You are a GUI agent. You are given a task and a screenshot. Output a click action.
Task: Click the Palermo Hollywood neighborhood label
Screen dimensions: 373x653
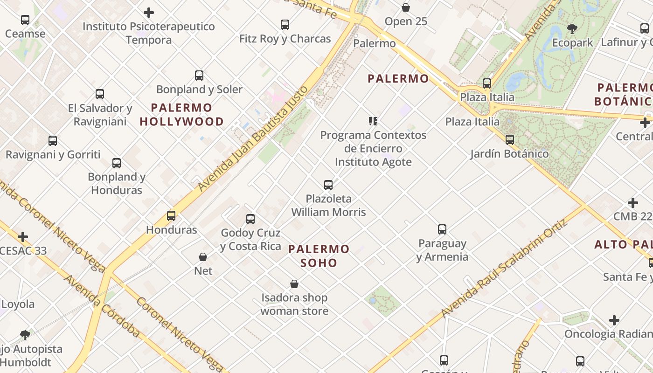point(181,115)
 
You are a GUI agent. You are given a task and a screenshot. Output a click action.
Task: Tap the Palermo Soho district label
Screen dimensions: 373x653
point(319,256)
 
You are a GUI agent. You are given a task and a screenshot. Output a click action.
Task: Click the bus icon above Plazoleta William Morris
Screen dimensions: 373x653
point(328,185)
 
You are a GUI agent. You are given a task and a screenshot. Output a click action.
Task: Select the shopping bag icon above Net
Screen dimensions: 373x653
point(203,257)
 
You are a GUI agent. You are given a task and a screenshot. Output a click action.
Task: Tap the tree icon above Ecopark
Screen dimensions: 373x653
point(572,29)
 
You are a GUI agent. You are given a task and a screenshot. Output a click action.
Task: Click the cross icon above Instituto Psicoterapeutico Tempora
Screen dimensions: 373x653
point(149,13)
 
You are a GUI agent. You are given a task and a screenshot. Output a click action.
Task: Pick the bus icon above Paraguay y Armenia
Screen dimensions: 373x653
point(442,229)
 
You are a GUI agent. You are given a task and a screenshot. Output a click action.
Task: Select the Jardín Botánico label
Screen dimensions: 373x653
point(509,153)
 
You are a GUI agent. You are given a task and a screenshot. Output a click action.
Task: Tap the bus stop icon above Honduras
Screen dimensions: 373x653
point(171,216)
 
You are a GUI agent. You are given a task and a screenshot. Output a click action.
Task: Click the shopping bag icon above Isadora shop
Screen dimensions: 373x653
point(294,284)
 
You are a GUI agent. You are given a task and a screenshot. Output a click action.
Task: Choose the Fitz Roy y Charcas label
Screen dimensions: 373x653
point(285,39)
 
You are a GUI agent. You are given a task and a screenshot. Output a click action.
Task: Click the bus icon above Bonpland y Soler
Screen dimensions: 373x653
point(199,76)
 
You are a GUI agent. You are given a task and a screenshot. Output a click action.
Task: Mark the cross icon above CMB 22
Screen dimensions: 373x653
point(633,203)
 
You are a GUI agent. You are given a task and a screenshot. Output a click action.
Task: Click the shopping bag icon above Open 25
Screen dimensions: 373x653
point(406,8)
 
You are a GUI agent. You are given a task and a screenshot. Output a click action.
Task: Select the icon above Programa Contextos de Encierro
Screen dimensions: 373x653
point(373,121)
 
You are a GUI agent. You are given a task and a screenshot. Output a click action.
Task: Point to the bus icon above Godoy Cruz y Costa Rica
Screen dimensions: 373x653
point(250,219)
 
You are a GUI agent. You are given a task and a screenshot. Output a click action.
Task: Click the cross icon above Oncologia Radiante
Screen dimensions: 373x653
point(614,320)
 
